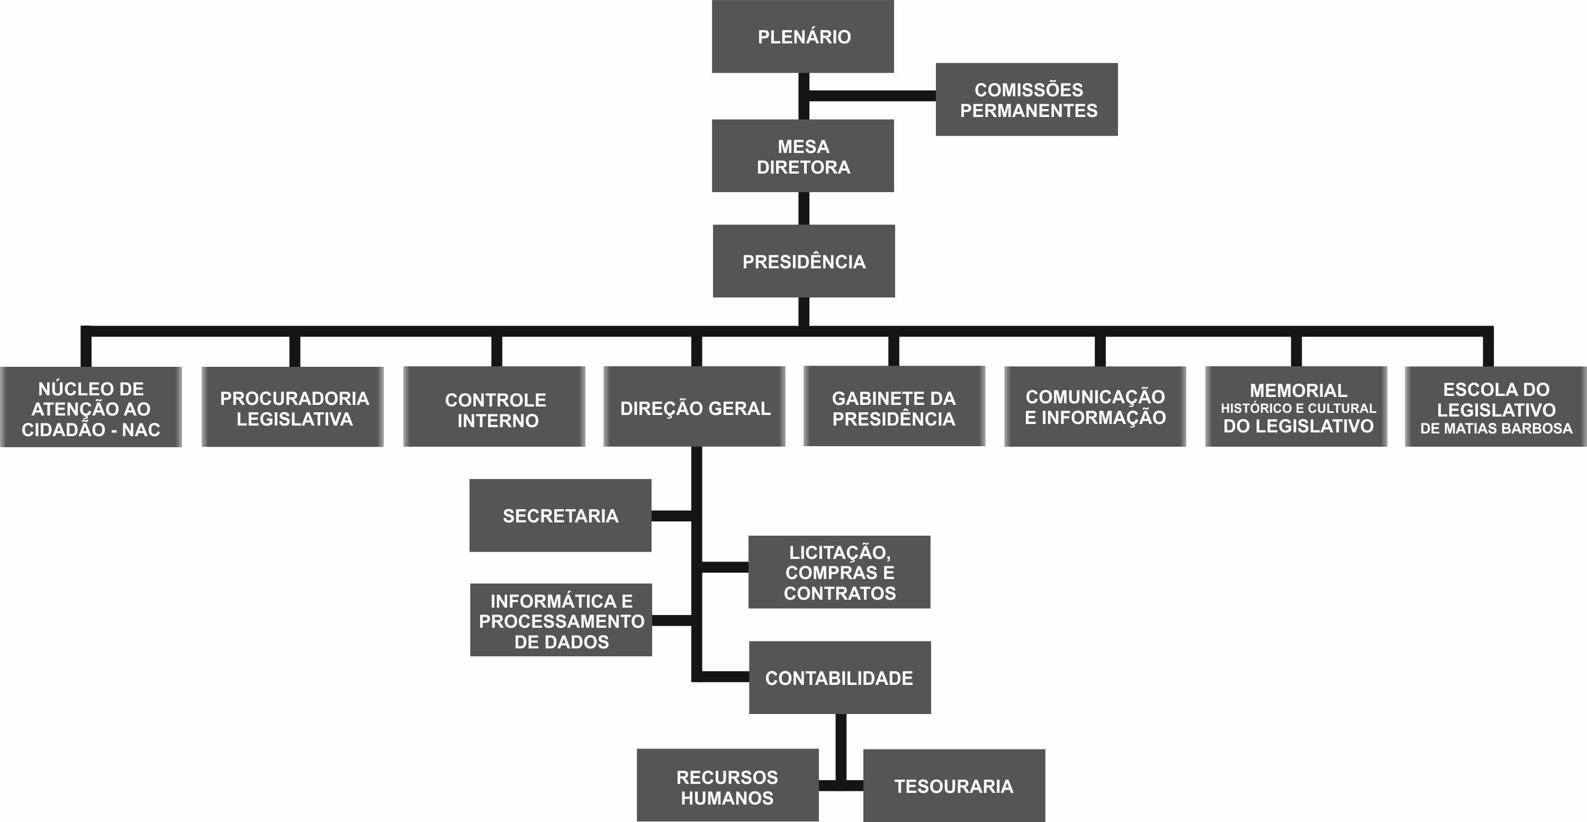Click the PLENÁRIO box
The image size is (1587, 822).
(802, 37)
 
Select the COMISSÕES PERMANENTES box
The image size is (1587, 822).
(1026, 99)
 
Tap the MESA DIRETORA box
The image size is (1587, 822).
(802, 156)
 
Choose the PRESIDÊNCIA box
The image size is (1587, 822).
(804, 261)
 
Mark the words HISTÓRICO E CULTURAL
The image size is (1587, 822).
(1298, 409)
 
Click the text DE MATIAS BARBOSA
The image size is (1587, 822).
(1496, 429)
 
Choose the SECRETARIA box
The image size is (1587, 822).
(560, 516)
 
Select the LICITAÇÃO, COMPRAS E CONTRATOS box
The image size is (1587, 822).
(839, 572)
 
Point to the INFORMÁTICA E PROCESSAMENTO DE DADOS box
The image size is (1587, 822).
(561, 620)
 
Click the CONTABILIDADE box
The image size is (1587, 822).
(839, 678)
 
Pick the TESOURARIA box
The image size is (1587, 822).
(954, 785)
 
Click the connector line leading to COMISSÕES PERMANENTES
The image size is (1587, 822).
(872, 95)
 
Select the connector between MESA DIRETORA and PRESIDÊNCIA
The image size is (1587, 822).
(804, 208)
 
